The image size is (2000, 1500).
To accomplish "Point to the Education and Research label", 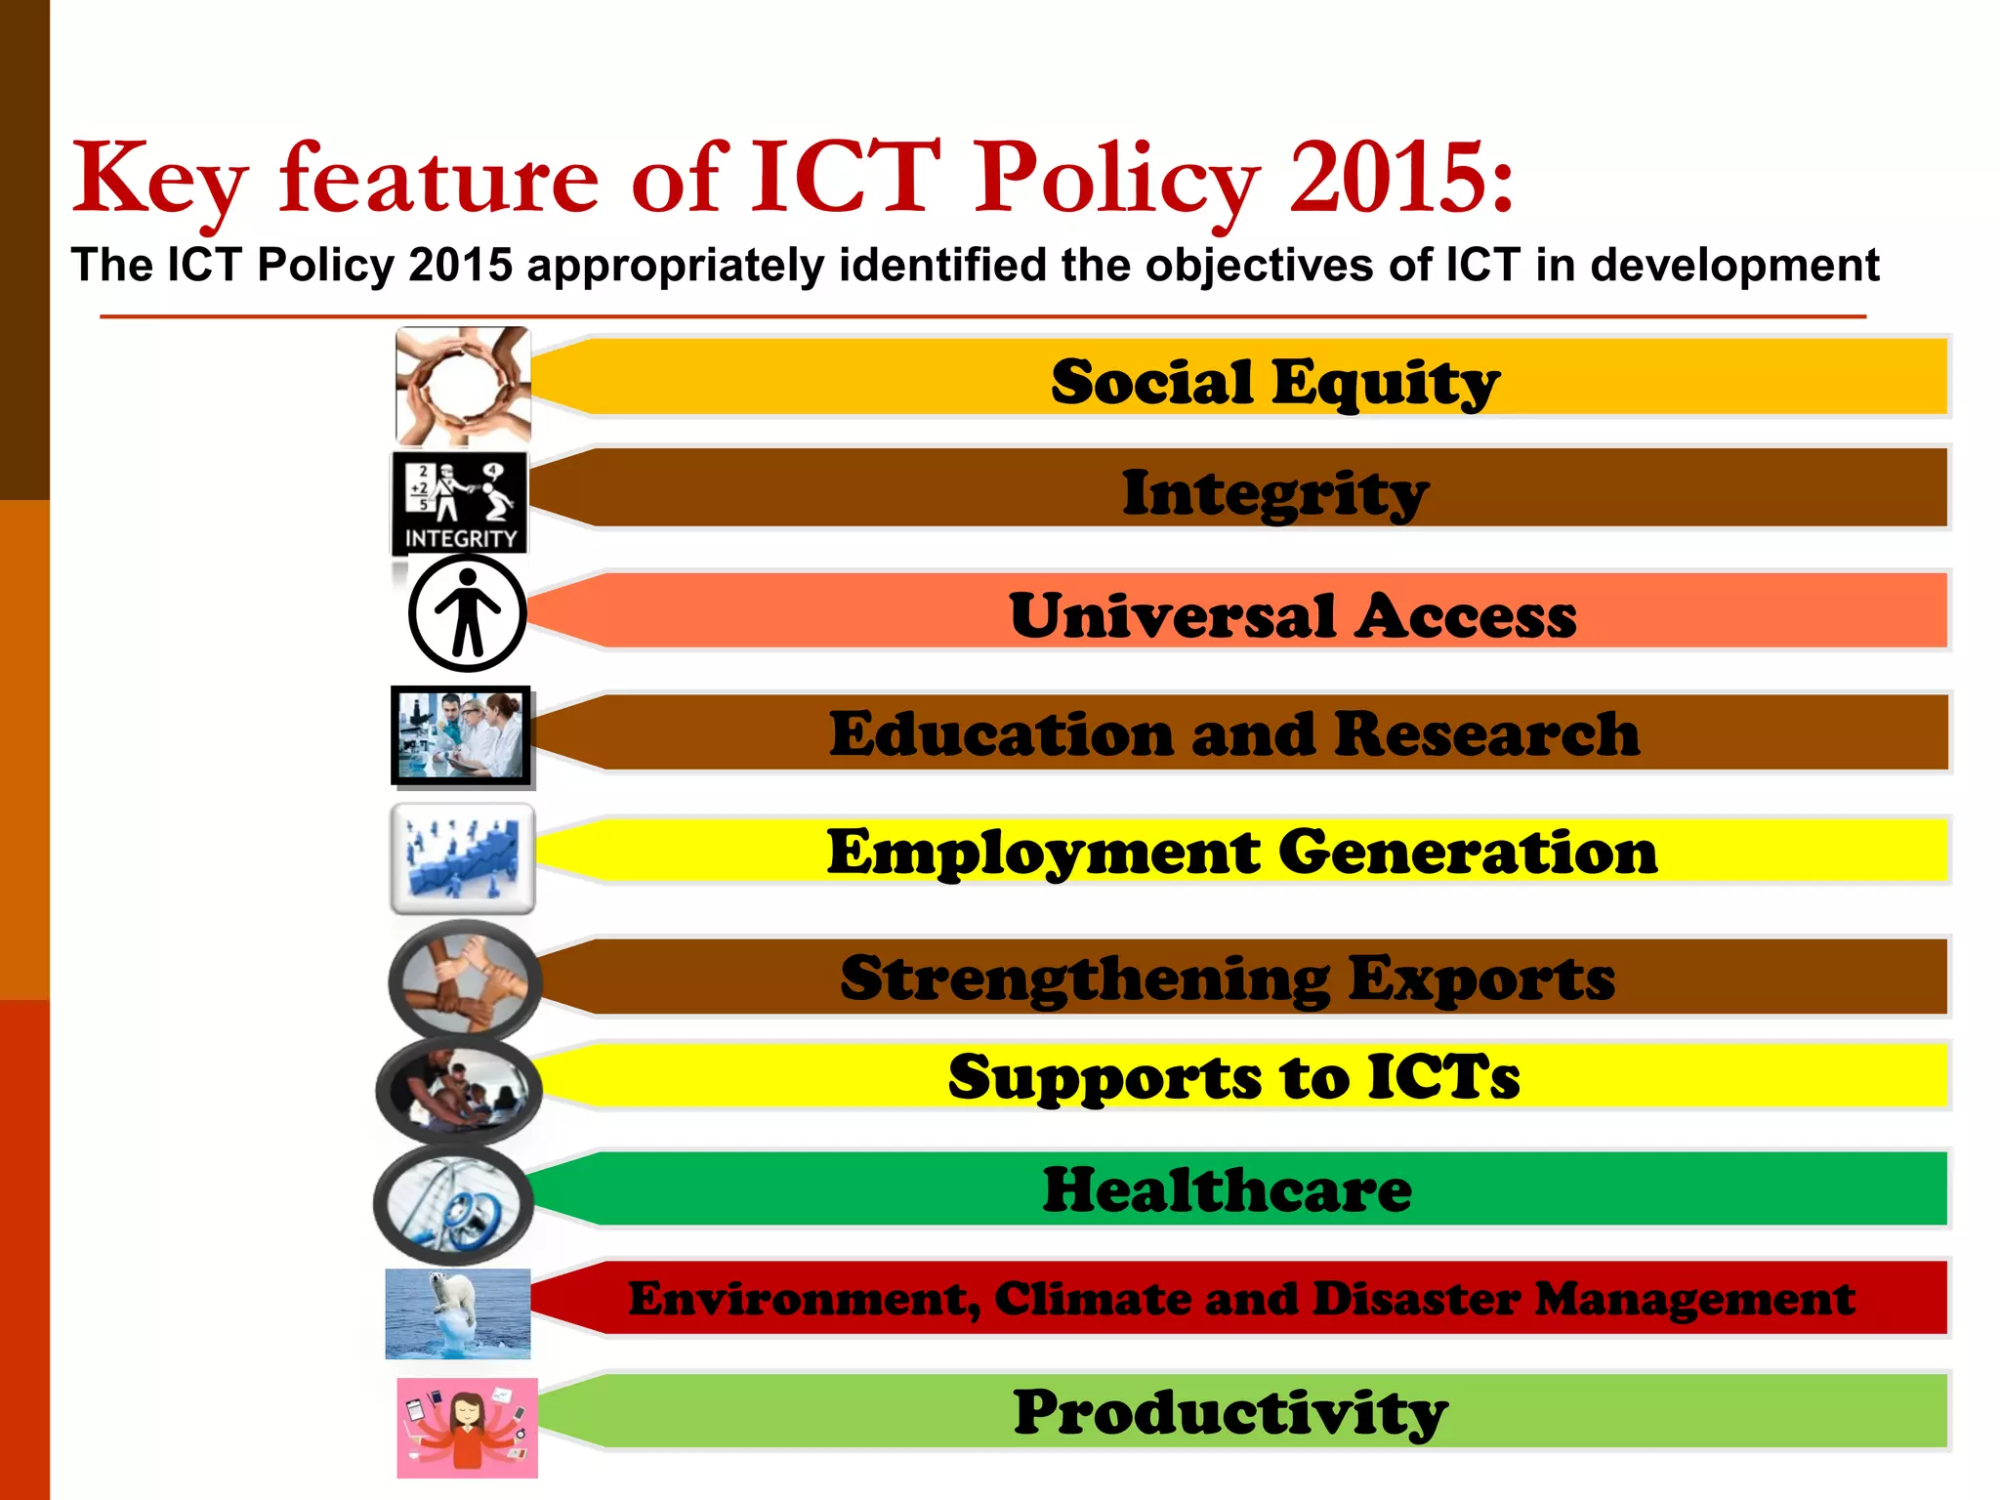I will pyautogui.click(x=1233, y=733).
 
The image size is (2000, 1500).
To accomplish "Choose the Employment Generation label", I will pyautogui.click(x=1241, y=852).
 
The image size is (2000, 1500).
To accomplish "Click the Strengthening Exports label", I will pyautogui.click(x=1228, y=978).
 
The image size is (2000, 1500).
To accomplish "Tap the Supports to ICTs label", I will pyautogui.click(x=1233, y=1076).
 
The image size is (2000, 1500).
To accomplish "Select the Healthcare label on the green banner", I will pyautogui.click(x=1227, y=1189).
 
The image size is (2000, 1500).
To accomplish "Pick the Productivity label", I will pyautogui.click(x=1229, y=1412).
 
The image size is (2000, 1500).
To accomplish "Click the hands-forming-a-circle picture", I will pyautogui.click(x=463, y=386).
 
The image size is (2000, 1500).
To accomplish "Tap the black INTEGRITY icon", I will pyautogui.click(x=460, y=502).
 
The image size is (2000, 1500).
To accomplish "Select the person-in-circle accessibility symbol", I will pyautogui.click(x=468, y=613).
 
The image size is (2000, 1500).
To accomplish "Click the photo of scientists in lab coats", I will pyautogui.click(x=461, y=734).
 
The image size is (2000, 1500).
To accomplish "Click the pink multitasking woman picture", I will pyautogui.click(x=467, y=1427).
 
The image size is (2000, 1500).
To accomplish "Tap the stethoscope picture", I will pyautogui.click(x=453, y=1204).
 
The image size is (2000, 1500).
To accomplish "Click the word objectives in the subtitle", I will pyautogui.click(x=1259, y=265).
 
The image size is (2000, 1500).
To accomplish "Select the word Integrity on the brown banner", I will pyautogui.click(x=1274, y=493).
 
